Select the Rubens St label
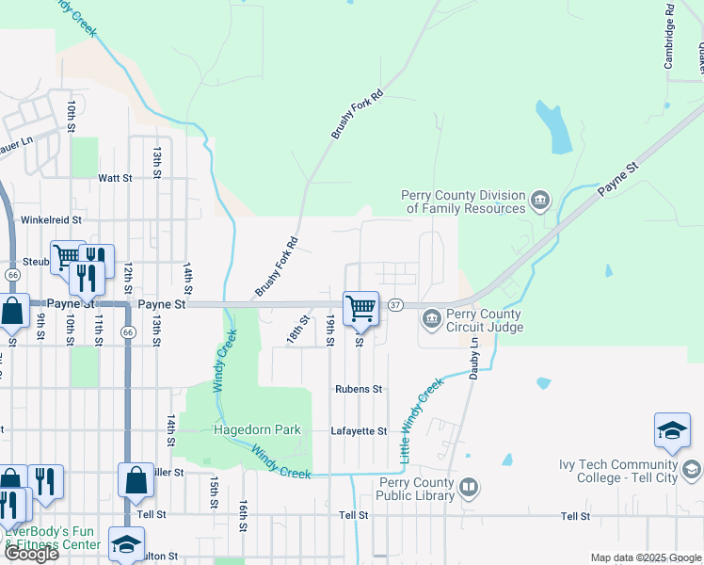coord(359,389)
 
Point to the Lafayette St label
coord(359,431)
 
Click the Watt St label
coord(114,177)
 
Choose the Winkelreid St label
coord(53,219)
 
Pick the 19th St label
coord(329,331)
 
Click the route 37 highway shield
coord(395,305)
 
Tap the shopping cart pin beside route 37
coord(361,308)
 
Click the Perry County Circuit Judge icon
coord(432,319)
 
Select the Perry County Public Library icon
coord(469,488)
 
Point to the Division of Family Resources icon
coord(539,200)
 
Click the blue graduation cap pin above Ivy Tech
coord(672,430)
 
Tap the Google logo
coord(31,554)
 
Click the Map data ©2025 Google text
coord(646,557)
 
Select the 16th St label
coord(243,513)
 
